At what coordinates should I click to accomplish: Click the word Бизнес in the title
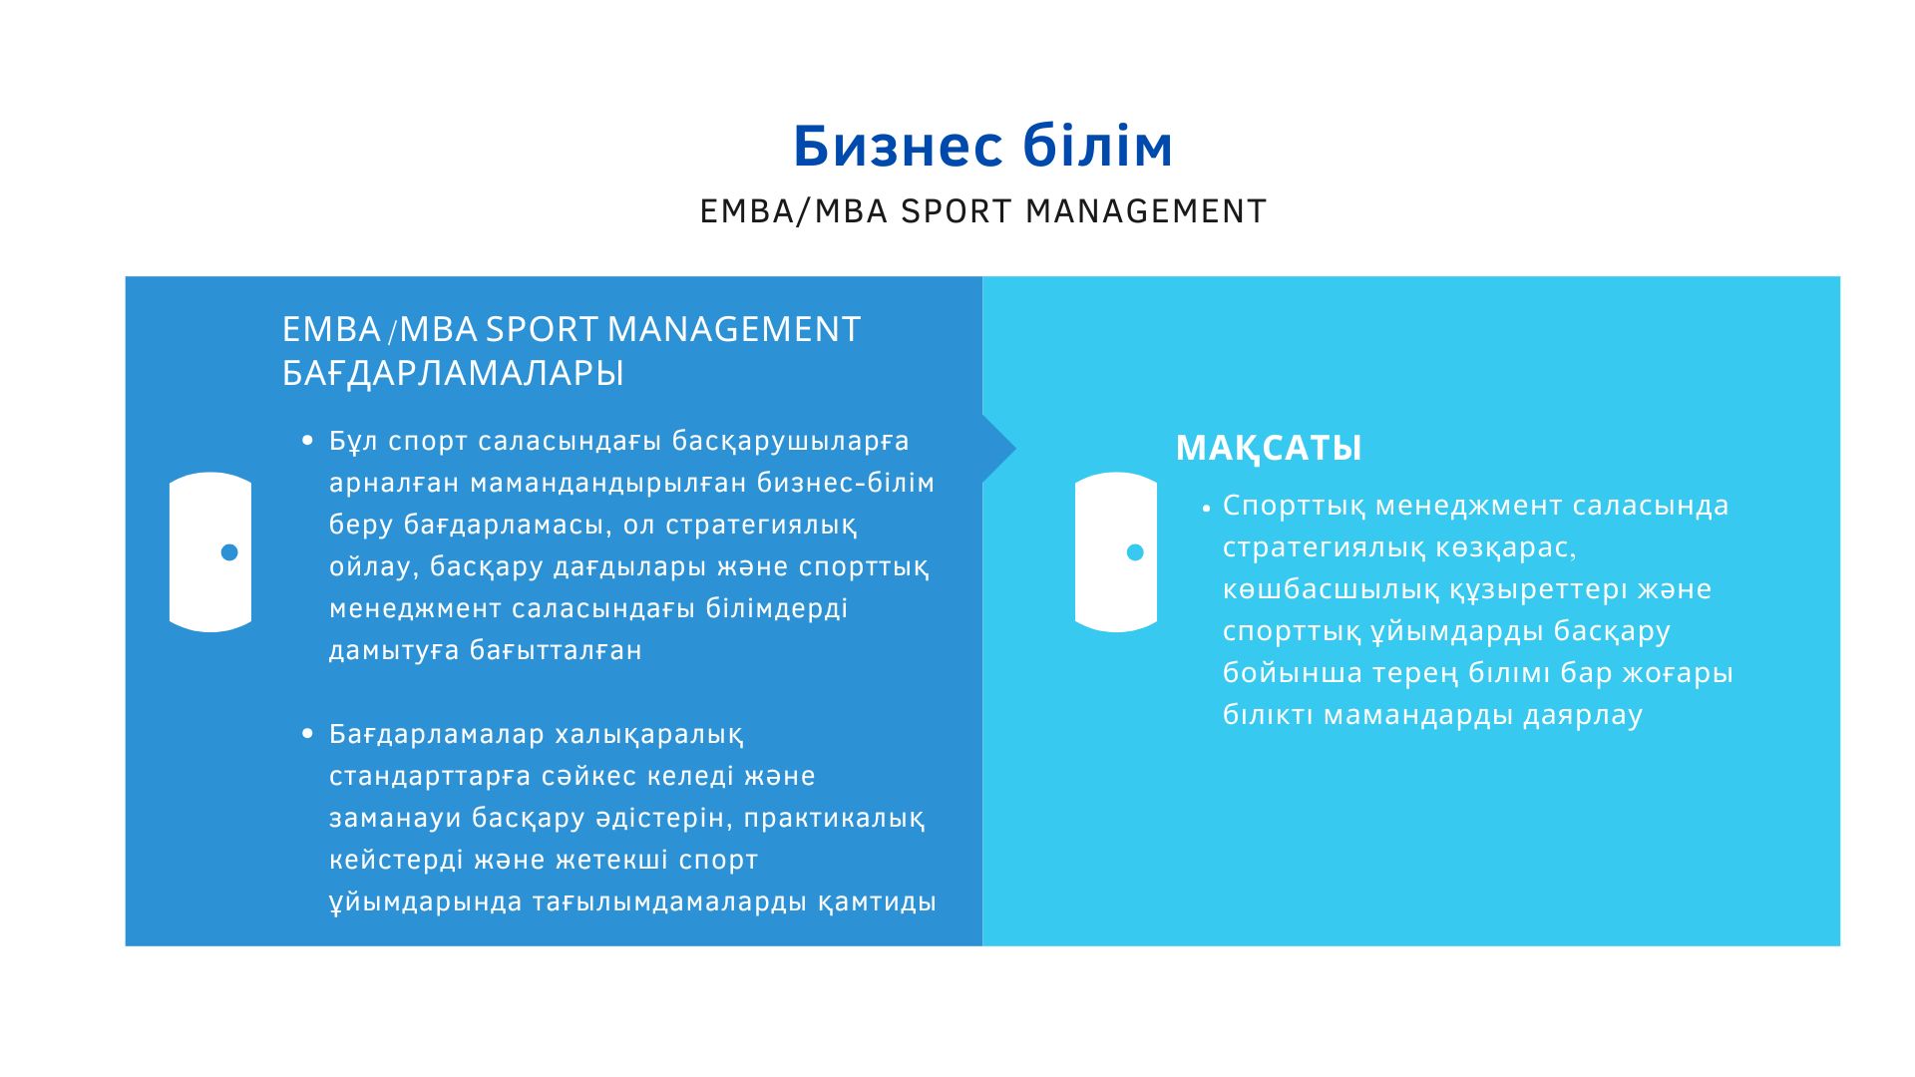click(x=898, y=147)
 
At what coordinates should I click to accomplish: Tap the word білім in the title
click(x=1098, y=147)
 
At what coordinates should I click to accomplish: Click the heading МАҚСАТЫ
click(x=1269, y=449)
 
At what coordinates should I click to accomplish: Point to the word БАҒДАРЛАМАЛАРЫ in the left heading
click(x=453, y=373)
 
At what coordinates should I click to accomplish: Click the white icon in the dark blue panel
click(x=210, y=552)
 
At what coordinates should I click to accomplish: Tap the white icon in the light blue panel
click(x=1116, y=552)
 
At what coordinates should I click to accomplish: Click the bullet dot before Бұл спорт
click(x=307, y=440)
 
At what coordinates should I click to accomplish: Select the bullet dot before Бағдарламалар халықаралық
click(x=307, y=734)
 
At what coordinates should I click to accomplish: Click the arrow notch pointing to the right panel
click(x=999, y=449)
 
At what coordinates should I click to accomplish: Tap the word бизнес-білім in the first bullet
click(x=846, y=483)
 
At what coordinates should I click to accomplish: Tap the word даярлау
click(x=1583, y=716)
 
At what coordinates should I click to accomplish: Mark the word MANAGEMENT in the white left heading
click(x=734, y=329)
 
